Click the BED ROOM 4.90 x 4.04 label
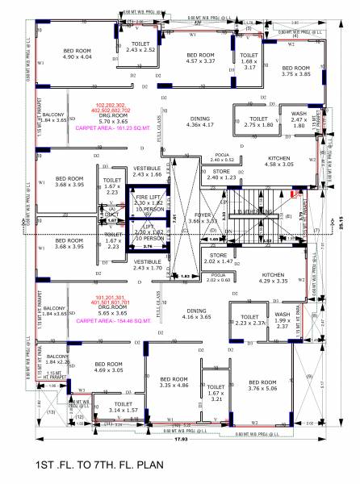(x=79, y=54)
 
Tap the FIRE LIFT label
(x=147, y=199)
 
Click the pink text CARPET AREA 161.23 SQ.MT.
(x=108, y=128)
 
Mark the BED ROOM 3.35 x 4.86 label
(x=174, y=382)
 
